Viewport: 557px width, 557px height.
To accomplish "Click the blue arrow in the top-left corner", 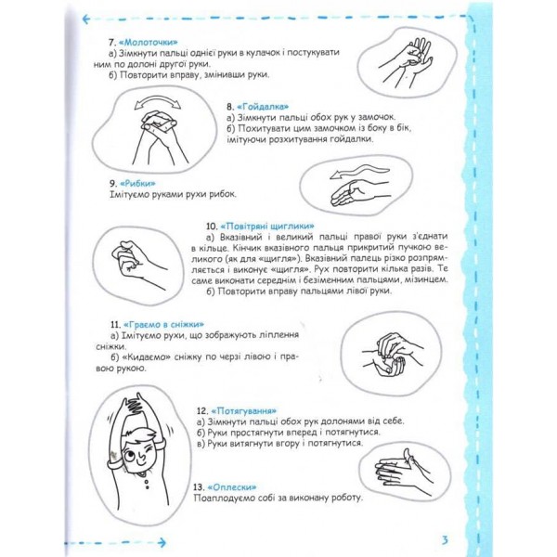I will (88, 18).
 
